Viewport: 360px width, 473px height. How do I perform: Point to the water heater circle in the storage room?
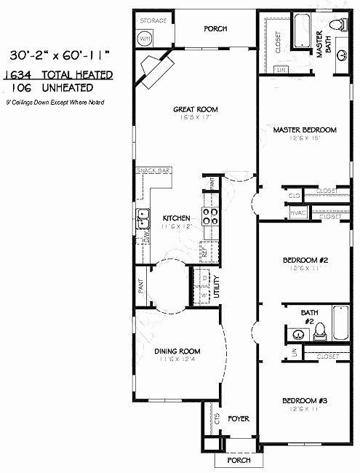pos(145,38)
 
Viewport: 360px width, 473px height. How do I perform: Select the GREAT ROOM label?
pos(196,110)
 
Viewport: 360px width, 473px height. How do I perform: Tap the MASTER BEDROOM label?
pos(305,130)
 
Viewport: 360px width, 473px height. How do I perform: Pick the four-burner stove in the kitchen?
pos(210,215)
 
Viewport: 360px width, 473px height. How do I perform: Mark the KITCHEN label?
pos(176,218)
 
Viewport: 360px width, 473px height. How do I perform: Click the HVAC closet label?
pos(297,213)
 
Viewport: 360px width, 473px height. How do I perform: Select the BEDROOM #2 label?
pos(305,260)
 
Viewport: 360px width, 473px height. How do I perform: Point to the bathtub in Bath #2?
pos(341,324)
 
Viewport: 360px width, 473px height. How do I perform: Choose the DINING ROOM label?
pos(177,351)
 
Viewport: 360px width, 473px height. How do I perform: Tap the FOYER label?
pos(239,418)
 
